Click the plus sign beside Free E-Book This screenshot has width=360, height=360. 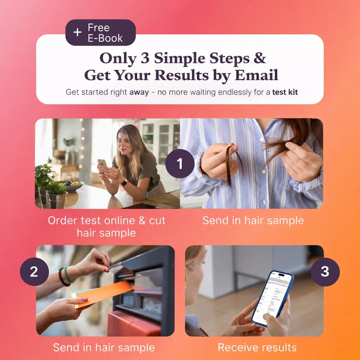pyautogui.click(x=77, y=32)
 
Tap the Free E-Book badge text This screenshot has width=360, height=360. pyautogui.click(x=105, y=33)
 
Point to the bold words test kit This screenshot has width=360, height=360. pyautogui.click(x=285, y=92)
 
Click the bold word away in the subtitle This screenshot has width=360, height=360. pyautogui.click(x=139, y=92)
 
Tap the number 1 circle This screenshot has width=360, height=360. pyautogui.click(x=180, y=163)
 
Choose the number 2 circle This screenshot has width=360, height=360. pyautogui.click(x=34, y=272)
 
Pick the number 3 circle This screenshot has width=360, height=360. pyautogui.click(x=325, y=272)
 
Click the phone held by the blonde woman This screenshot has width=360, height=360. pyautogui.click(x=102, y=164)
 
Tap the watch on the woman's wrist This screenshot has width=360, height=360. pyautogui.click(x=124, y=182)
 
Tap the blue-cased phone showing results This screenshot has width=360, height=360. pyautogui.click(x=272, y=298)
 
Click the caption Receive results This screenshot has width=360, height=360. pyautogui.click(x=257, y=347)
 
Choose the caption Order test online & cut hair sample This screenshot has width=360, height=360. pyautogui.click(x=107, y=227)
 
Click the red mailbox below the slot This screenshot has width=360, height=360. pyautogui.click(x=134, y=324)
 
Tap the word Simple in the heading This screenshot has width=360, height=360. pyautogui.click(x=180, y=59)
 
